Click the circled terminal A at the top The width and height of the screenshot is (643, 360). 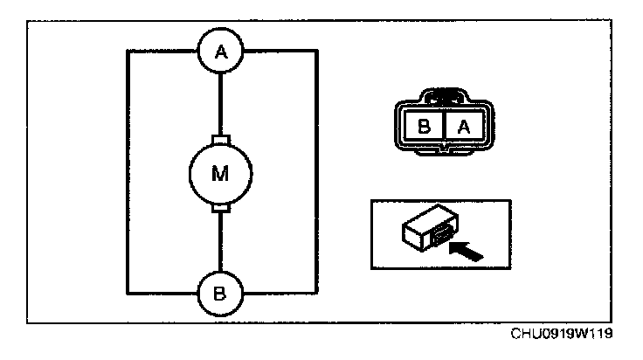(221, 52)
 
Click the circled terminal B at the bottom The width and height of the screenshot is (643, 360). (221, 292)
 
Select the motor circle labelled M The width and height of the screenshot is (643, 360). (221, 172)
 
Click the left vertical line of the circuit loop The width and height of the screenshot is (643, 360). (128, 172)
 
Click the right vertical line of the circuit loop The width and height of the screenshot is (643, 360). (315, 172)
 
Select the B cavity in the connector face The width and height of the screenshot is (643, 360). (425, 126)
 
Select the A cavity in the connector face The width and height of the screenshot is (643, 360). (464, 126)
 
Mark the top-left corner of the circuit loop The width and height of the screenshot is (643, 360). (128, 52)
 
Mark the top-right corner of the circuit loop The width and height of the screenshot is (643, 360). (315, 52)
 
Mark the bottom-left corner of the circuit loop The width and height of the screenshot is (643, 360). (128, 292)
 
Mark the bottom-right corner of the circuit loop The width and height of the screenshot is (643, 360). (315, 292)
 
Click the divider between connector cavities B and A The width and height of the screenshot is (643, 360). (445, 126)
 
